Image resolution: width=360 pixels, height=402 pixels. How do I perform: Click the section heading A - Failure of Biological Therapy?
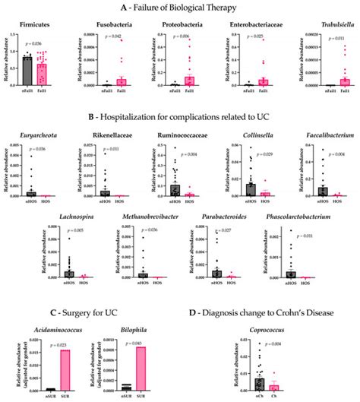click(x=180, y=7)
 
